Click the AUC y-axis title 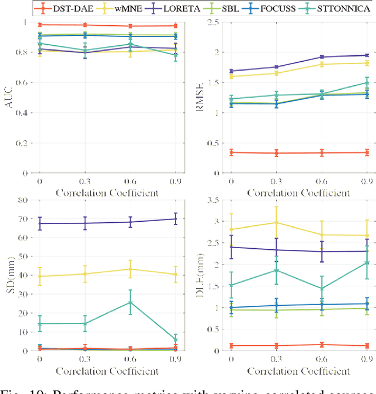tap(8, 98)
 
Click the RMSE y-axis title tap(200, 98)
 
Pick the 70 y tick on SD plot tap(24, 219)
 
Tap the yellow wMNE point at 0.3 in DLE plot tap(276, 222)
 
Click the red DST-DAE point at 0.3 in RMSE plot tap(276, 153)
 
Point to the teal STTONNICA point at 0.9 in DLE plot tap(368, 262)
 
